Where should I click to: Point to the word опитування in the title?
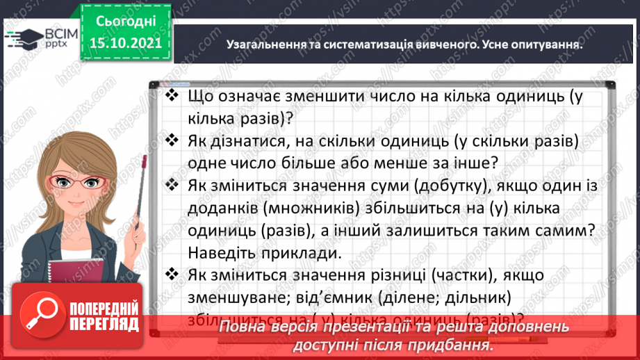point(548,44)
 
